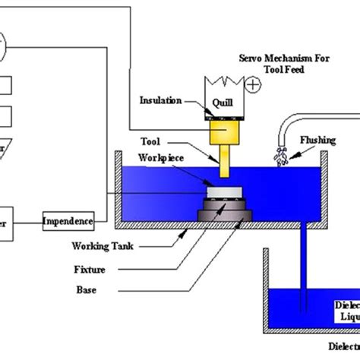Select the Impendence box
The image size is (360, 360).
point(68,222)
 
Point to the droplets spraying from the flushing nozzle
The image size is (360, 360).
point(281,156)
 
